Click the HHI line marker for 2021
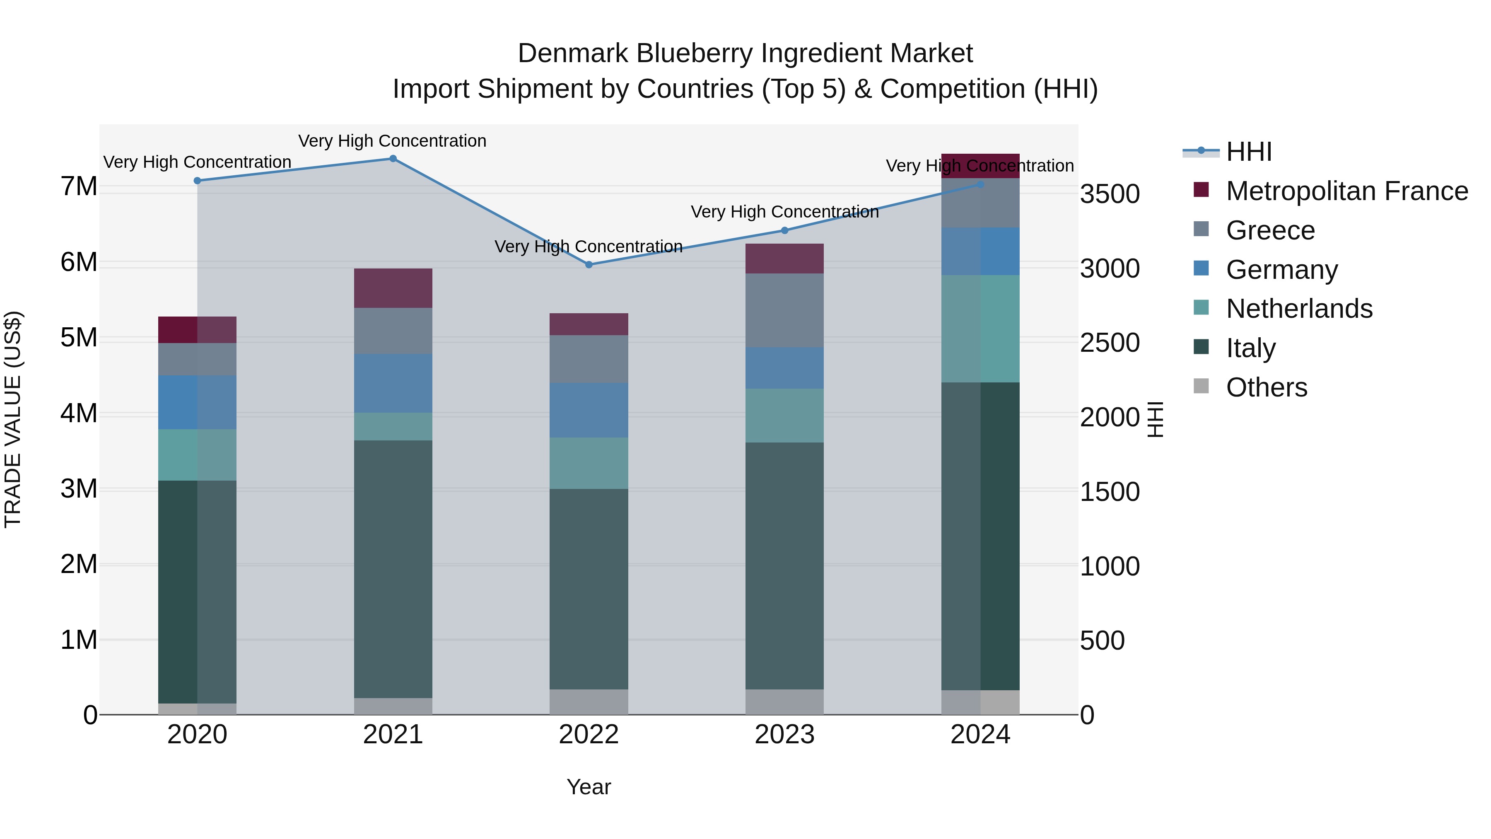(393, 159)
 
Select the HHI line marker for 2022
(589, 265)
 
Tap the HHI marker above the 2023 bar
(785, 230)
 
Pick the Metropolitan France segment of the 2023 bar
(784, 258)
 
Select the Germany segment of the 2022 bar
(589, 410)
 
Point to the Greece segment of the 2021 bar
(393, 331)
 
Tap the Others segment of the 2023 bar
(784, 702)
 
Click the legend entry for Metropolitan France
(1346, 191)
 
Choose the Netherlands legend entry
(1299, 309)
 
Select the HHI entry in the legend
(1248, 152)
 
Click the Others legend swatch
(1201, 386)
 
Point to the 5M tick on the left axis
(79, 338)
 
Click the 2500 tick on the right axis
(1110, 343)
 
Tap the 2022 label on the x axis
(589, 735)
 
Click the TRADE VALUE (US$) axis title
(13, 419)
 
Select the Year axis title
(589, 787)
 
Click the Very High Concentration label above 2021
(393, 141)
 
